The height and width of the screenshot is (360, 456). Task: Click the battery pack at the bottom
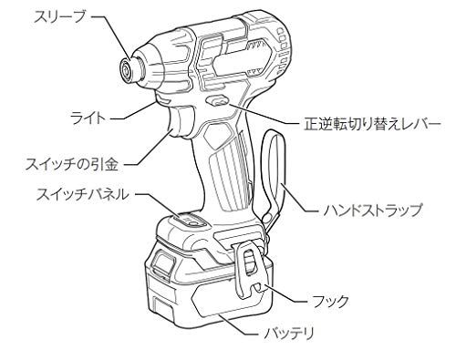click(x=182, y=287)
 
